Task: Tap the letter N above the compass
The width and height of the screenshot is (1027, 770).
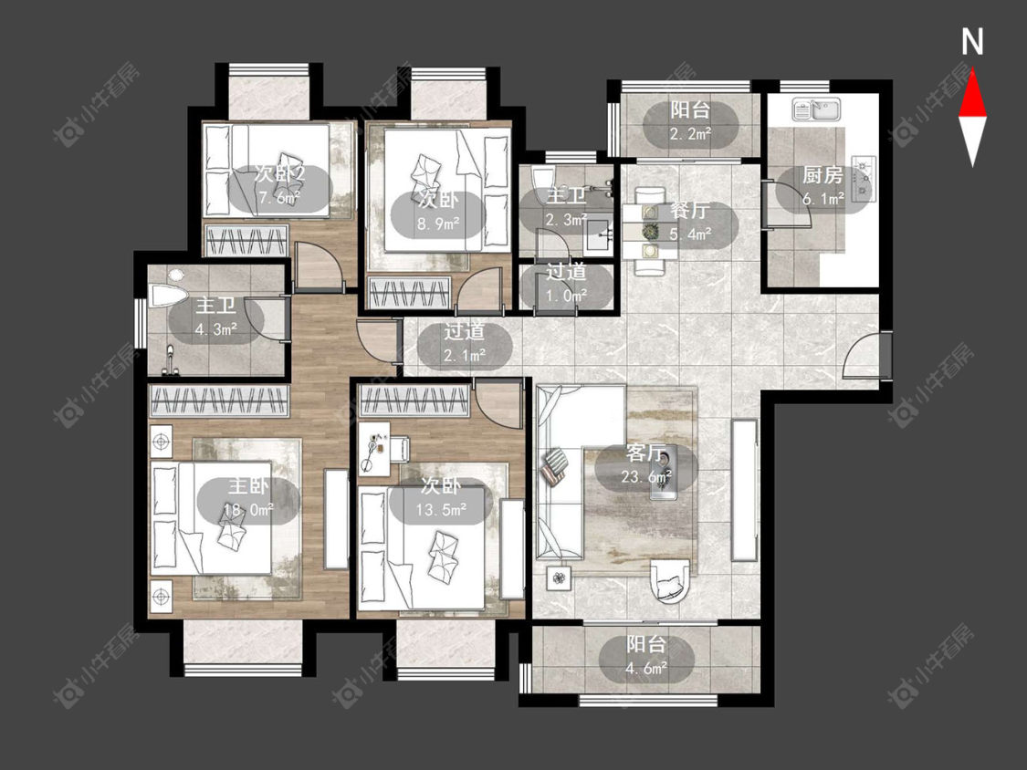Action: coord(972,42)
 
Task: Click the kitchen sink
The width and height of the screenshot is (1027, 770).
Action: coord(817,109)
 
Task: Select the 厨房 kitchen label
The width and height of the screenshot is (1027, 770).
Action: coord(823,175)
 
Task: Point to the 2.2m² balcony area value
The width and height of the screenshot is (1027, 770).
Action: coord(690,134)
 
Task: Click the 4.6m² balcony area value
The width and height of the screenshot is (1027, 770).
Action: coord(646,668)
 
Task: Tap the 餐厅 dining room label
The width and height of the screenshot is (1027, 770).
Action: coord(690,211)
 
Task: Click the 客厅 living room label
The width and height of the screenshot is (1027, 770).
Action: coord(645,453)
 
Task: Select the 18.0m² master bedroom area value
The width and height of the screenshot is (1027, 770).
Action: coord(248,509)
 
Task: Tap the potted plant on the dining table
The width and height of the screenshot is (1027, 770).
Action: coord(650,231)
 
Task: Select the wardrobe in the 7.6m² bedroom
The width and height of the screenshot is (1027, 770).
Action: coord(246,240)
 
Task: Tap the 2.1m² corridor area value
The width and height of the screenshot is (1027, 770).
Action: coord(465,356)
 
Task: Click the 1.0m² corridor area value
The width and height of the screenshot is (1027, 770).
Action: coord(567,296)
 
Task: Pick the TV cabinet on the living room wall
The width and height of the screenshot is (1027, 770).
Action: coord(744,491)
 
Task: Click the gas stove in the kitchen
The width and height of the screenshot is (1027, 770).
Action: coord(864,175)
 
